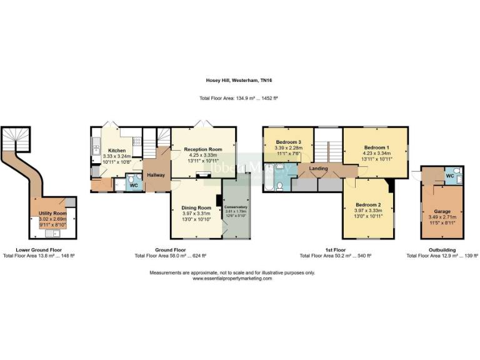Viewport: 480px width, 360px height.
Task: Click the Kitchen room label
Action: click(117, 151)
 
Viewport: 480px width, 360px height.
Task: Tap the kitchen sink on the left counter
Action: click(96, 147)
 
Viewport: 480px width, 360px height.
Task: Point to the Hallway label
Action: click(155, 175)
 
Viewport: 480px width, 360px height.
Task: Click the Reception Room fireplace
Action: click(202, 176)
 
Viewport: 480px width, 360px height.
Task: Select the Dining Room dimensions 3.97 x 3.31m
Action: click(197, 213)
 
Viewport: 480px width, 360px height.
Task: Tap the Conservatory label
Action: click(236, 207)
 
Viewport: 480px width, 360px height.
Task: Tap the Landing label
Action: click(318, 168)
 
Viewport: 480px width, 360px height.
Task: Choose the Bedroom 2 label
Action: click(368, 204)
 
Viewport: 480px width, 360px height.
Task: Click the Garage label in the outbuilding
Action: click(442, 211)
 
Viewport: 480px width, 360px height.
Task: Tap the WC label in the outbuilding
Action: click(449, 176)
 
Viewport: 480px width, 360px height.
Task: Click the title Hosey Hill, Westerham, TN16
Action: click(239, 81)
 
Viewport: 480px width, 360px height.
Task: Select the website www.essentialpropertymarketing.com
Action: click(232, 279)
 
